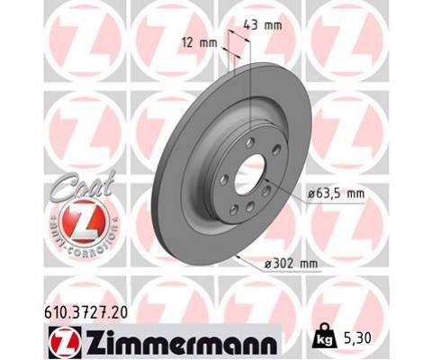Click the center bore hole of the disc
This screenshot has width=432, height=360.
tap(248, 176)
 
